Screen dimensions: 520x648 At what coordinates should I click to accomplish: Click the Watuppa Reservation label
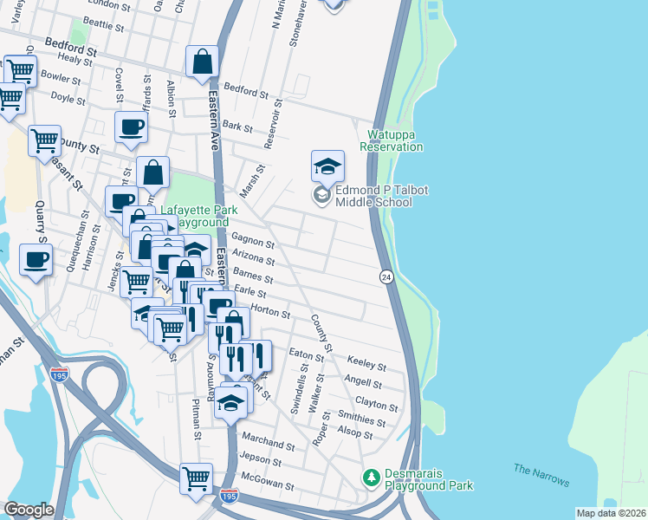(396, 140)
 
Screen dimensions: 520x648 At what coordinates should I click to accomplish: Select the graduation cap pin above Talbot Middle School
(328, 165)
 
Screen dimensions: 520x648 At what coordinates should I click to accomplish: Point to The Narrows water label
(541, 475)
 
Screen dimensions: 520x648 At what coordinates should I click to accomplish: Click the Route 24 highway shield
(386, 276)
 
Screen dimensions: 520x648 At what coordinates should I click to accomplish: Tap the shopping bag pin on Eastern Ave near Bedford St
(202, 62)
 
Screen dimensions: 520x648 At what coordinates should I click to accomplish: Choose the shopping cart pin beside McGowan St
(197, 478)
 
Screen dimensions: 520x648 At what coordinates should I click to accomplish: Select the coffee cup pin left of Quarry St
(36, 259)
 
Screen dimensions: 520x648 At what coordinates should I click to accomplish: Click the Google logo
(29, 510)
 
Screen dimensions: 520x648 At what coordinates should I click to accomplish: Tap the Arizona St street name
(253, 260)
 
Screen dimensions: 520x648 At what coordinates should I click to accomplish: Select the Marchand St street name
(269, 442)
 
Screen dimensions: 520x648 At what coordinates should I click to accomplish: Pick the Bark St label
(237, 127)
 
